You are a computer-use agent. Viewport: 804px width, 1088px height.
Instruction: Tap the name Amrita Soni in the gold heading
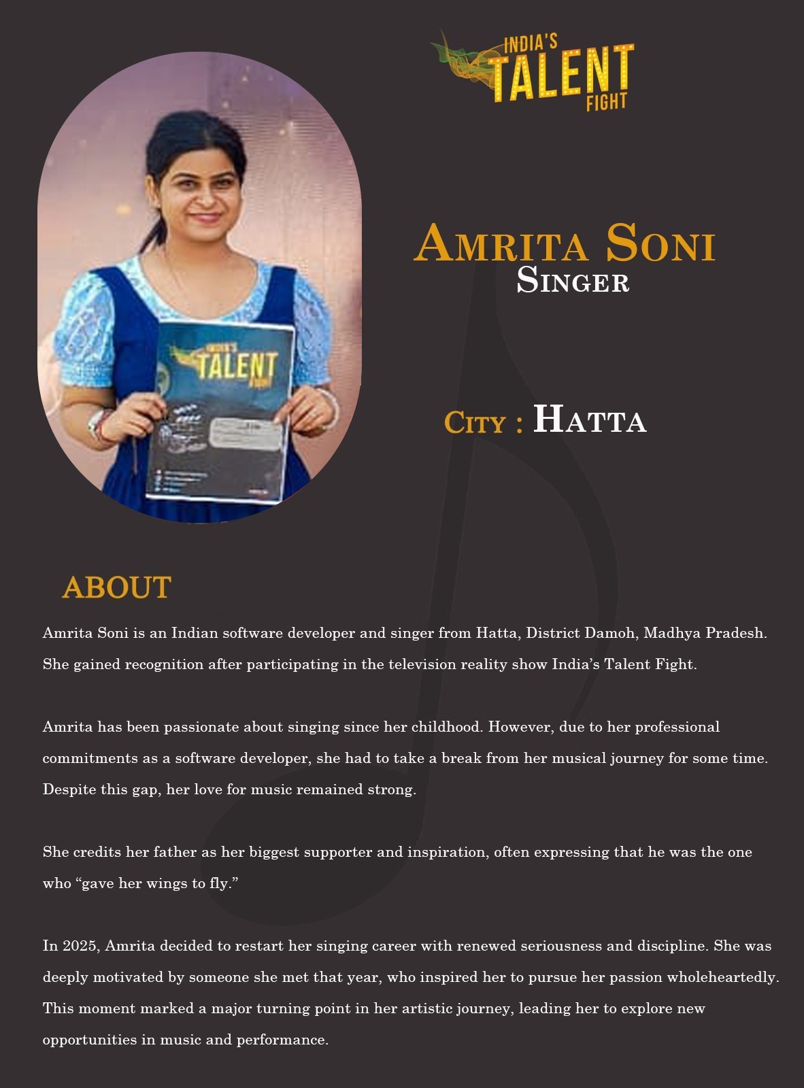pos(565,243)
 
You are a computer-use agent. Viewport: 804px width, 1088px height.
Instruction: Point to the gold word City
pos(475,423)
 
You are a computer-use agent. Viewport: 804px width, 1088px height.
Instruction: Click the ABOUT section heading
pos(116,588)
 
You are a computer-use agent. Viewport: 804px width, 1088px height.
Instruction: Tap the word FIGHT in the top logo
pos(607,102)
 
